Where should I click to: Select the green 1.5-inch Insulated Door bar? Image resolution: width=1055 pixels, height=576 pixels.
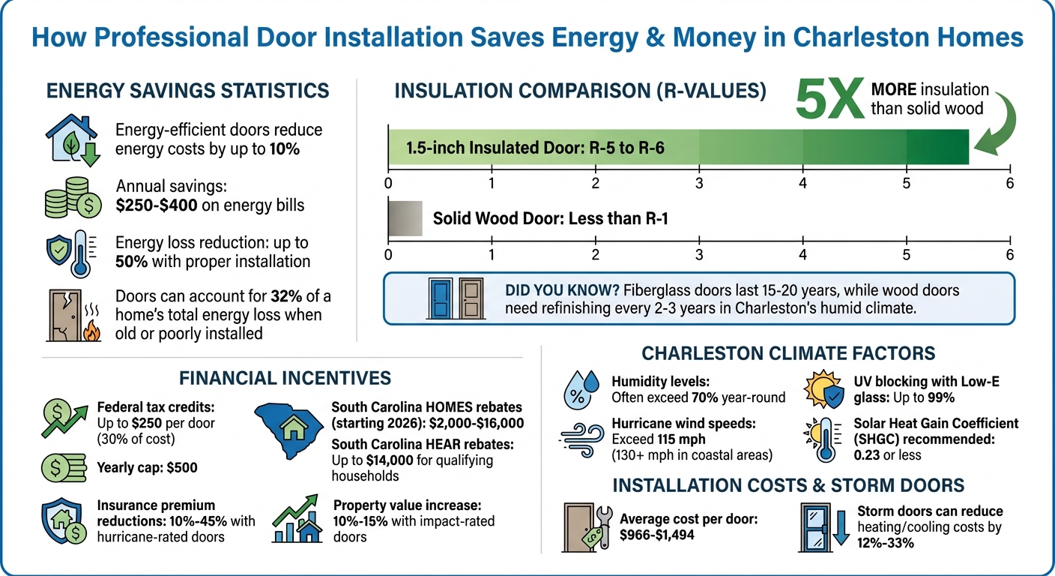pyautogui.click(x=678, y=147)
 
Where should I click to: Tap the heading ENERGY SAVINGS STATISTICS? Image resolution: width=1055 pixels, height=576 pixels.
pyautogui.click(x=187, y=91)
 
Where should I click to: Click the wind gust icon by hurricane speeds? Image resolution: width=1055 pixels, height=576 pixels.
pyautogui.click(x=581, y=439)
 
